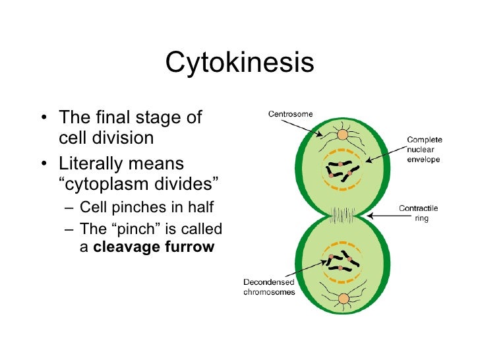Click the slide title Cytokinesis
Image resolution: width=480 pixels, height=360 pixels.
239,63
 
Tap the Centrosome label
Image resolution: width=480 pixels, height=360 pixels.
290,114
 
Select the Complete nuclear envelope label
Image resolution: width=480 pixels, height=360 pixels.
424,150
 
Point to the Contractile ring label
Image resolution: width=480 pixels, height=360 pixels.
418,212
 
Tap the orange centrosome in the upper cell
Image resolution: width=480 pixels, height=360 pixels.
343,135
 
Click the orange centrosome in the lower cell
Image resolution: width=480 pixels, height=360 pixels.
343,299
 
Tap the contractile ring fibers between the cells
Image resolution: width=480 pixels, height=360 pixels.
343,215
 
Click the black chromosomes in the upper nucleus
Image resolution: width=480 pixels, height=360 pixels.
340,171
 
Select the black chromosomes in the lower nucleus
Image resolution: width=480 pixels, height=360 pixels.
341,261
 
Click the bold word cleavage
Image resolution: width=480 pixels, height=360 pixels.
122,247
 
